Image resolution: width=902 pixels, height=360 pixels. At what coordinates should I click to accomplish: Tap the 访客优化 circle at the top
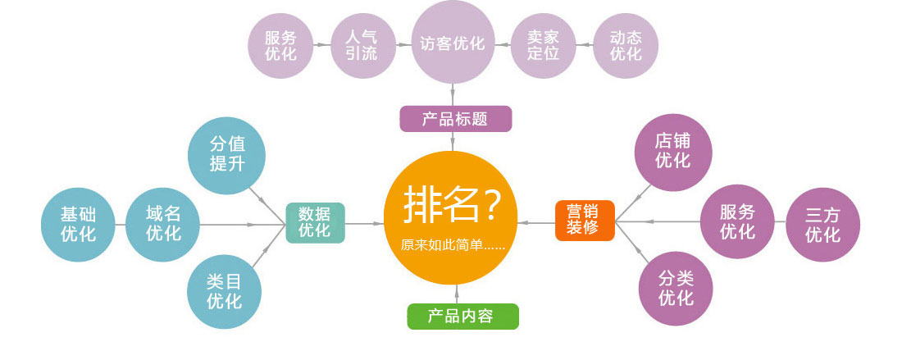pyautogui.click(x=453, y=43)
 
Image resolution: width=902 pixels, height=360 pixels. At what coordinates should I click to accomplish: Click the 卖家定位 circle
pyautogui.click(x=543, y=46)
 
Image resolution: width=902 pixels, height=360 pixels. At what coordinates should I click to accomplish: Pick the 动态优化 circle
pyautogui.click(x=626, y=46)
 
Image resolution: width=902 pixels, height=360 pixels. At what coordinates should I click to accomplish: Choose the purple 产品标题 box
pyautogui.click(x=456, y=119)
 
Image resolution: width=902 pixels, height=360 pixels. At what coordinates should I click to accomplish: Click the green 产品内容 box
pyautogui.click(x=462, y=316)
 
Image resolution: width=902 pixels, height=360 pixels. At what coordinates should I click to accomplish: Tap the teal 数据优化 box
pyautogui.click(x=315, y=221)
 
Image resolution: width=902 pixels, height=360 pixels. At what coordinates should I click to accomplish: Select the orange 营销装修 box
pyautogui.click(x=585, y=220)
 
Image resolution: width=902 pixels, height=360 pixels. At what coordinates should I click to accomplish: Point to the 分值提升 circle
pyautogui.click(x=227, y=153)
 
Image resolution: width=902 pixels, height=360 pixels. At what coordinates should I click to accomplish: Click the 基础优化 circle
pyautogui.click(x=79, y=224)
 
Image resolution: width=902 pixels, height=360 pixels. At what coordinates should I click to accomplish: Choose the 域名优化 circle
pyautogui.click(x=163, y=224)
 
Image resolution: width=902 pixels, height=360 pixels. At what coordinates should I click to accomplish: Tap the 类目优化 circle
pyautogui.click(x=225, y=292)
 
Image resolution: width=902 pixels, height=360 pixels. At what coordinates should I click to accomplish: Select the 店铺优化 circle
pyautogui.click(x=673, y=152)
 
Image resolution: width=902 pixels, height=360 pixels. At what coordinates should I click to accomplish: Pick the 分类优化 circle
pyautogui.click(x=676, y=289)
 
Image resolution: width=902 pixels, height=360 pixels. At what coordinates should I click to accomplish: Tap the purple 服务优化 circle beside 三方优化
pyautogui.click(x=737, y=222)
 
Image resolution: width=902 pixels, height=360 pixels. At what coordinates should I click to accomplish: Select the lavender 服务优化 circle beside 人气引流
pyautogui.click(x=280, y=46)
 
